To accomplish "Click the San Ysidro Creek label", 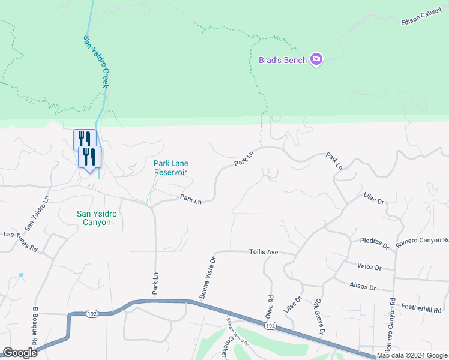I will tap(95, 61).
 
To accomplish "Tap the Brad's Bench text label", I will tap(283, 60).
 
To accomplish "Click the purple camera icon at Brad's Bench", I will tap(317, 59).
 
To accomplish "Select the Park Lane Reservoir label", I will tap(170, 167).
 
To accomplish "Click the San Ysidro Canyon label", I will tap(94, 218).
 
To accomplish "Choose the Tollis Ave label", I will tap(264, 253).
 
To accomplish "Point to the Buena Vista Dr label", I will tap(207, 277).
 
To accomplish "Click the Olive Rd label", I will tap(270, 307).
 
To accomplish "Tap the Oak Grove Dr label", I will tap(319, 318).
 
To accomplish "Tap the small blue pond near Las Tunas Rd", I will tap(21, 275).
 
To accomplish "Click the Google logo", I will tap(20, 353).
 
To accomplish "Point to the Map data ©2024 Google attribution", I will tap(412, 356).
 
